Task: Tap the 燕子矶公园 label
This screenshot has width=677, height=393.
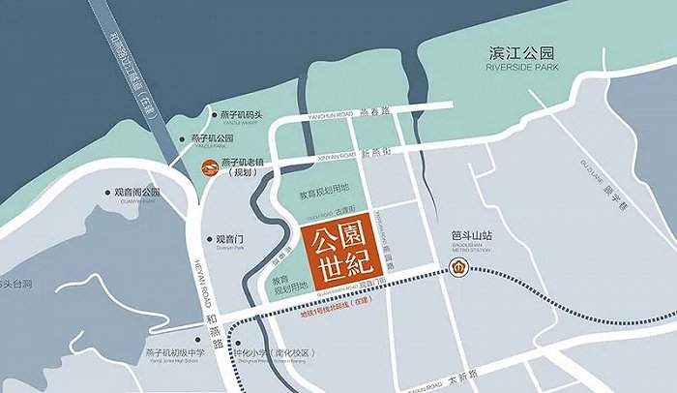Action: pyautogui.click(x=219, y=138)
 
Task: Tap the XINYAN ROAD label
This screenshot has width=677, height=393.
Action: pyautogui.click(x=333, y=155)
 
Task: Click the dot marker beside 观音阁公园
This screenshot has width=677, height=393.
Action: pyautogui.click(x=107, y=192)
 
